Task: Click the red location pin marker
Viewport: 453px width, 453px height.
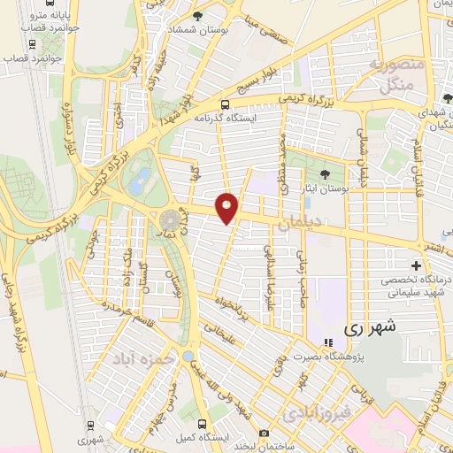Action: point(227,207)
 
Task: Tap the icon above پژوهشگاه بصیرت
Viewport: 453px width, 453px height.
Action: point(327,342)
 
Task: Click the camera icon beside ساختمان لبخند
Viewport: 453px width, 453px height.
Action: point(264,433)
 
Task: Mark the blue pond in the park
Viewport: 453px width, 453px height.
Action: point(139,183)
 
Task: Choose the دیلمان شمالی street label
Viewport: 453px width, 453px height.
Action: point(362,159)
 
